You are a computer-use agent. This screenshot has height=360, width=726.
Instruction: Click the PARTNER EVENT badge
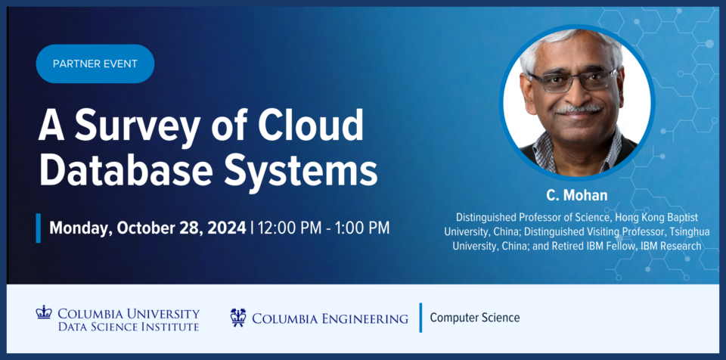pyautogui.click(x=95, y=64)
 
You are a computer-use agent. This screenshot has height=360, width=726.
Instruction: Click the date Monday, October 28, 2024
pyautogui.click(x=147, y=228)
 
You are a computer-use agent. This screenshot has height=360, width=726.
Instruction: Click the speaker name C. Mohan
pyautogui.click(x=576, y=195)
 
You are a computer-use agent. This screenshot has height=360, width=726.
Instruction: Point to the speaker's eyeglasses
pyautogui.click(x=574, y=81)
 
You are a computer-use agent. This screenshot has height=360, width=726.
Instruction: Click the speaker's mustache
pyautogui.click(x=578, y=110)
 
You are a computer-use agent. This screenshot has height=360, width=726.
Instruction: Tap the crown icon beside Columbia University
pyautogui.click(x=44, y=312)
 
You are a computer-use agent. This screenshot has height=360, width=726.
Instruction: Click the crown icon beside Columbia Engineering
pyautogui.click(x=238, y=318)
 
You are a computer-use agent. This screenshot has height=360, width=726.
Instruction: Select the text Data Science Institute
pyautogui.click(x=129, y=327)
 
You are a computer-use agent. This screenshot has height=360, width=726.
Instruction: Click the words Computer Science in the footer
pyautogui.click(x=475, y=318)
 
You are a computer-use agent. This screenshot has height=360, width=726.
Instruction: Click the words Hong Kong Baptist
pyautogui.click(x=656, y=217)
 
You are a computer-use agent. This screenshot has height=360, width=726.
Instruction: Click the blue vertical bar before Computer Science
pyautogui.click(x=421, y=318)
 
